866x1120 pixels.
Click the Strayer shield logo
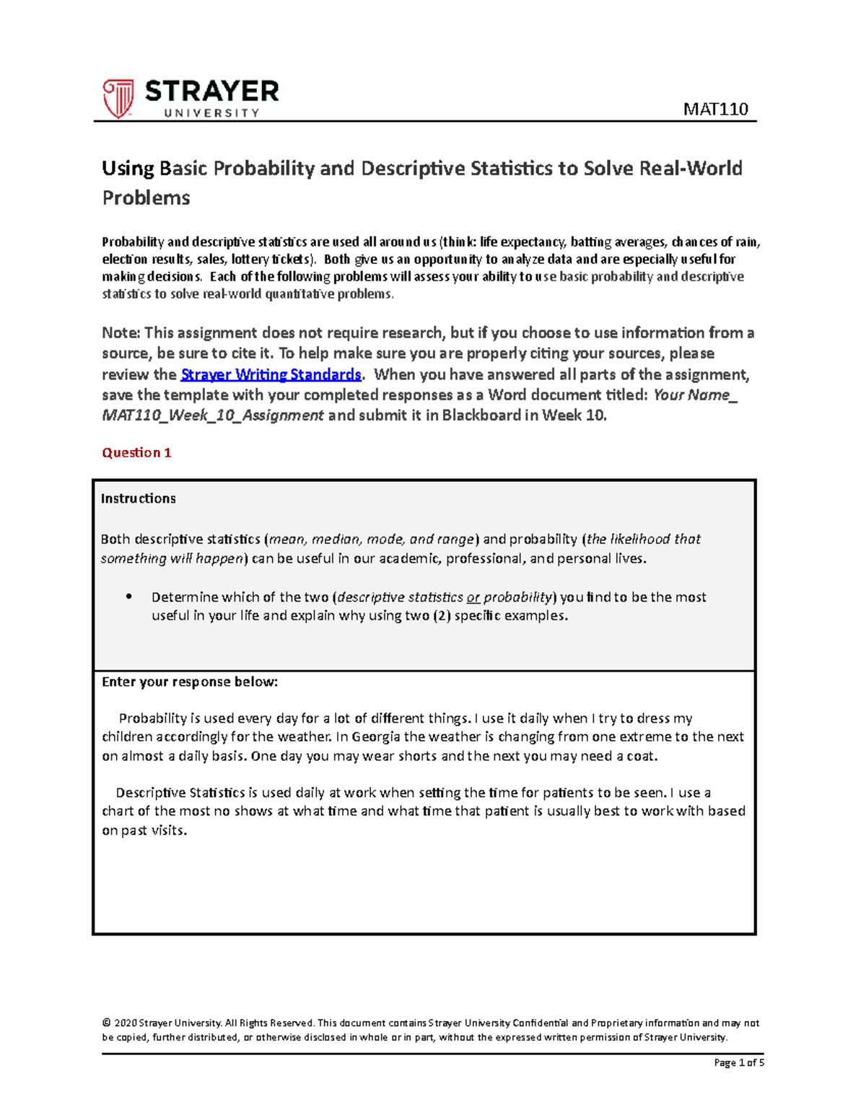pyautogui.click(x=118, y=98)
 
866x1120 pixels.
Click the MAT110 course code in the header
pyautogui.click(x=715, y=109)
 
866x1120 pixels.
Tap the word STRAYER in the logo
pyautogui.click(x=211, y=92)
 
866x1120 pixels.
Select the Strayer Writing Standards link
pyautogui.click(x=271, y=374)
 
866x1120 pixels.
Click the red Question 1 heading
pyautogui.click(x=136, y=453)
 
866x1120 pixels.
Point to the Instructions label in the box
pyautogui.click(x=138, y=498)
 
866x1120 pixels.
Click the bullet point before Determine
pyautogui.click(x=129, y=596)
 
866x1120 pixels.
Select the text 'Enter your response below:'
pyautogui.click(x=190, y=682)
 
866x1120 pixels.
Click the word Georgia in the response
pyautogui.click(x=377, y=736)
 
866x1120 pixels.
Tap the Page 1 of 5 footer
pyautogui.click(x=738, y=1062)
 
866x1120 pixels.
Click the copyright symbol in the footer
pyautogui.click(x=107, y=1023)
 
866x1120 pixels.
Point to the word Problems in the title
pyautogui.click(x=146, y=198)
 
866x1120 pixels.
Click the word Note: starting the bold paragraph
pyautogui.click(x=121, y=332)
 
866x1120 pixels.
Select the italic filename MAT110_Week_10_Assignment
pyautogui.click(x=213, y=415)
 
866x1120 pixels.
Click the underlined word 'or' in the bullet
pyautogui.click(x=473, y=597)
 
